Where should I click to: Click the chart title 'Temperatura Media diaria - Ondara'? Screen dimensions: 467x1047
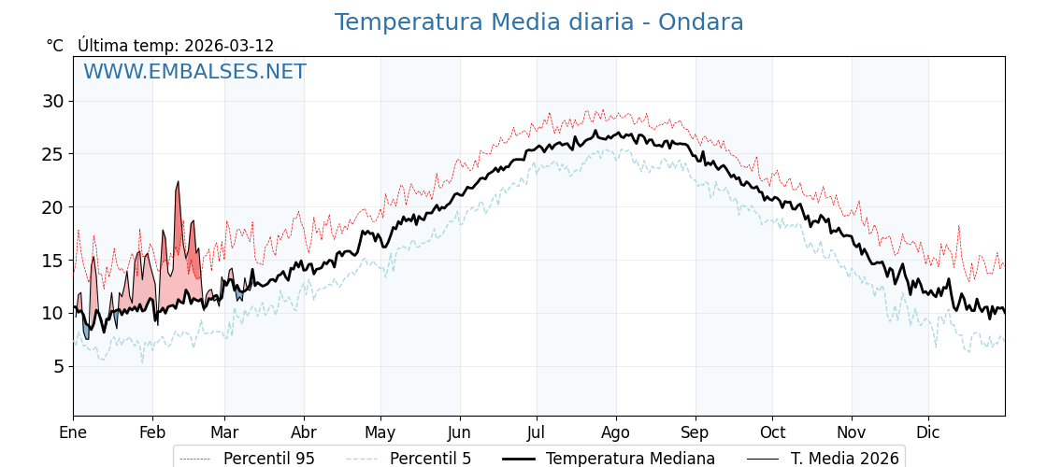tap(538, 22)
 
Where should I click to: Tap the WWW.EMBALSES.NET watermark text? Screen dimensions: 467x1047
tap(194, 72)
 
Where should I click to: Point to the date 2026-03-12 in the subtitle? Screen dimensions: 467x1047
tap(229, 46)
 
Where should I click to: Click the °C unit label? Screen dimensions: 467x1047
tap(54, 46)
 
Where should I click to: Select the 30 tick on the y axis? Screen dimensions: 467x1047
tap(53, 101)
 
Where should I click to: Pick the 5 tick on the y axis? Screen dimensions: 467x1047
tap(59, 366)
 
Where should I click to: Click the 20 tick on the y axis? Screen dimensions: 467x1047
tap(53, 207)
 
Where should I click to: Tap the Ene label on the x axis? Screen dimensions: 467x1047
tap(73, 432)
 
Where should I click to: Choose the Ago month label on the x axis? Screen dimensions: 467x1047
tap(616, 432)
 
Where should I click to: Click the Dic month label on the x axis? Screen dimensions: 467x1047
tap(928, 432)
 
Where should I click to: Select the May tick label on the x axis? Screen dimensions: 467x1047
tap(380, 432)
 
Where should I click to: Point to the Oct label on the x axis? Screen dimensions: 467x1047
tap(772, 432)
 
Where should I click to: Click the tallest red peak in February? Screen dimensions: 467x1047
tap(178, 183)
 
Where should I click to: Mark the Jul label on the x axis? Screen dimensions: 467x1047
tap(537, 432)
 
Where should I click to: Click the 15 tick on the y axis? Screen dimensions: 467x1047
tap(53, 261)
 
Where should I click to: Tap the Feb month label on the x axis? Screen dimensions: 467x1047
tap(152, 432)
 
